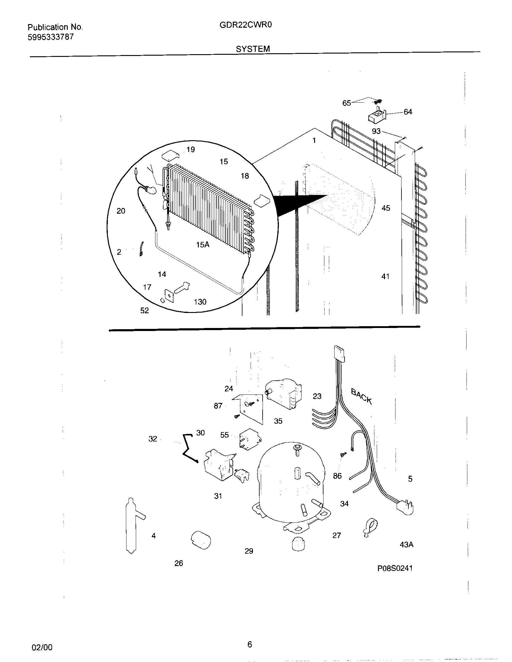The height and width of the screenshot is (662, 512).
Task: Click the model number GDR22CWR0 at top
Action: [245, 25]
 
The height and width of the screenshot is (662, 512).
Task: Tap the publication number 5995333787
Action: [51, 37]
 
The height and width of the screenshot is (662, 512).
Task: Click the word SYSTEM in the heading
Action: [253, 49]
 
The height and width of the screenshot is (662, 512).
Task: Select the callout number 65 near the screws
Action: [346, 103]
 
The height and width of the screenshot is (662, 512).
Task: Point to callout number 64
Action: [408, 112]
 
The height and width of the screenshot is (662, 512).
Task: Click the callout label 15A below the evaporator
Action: [203, 245]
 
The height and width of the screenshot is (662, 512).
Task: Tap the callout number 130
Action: [200, 302]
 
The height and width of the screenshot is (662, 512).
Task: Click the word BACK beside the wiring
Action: [361, 396]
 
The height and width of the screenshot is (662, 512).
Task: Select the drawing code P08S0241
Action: [395, 568]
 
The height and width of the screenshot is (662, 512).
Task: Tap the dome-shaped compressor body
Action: [291, 482]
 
